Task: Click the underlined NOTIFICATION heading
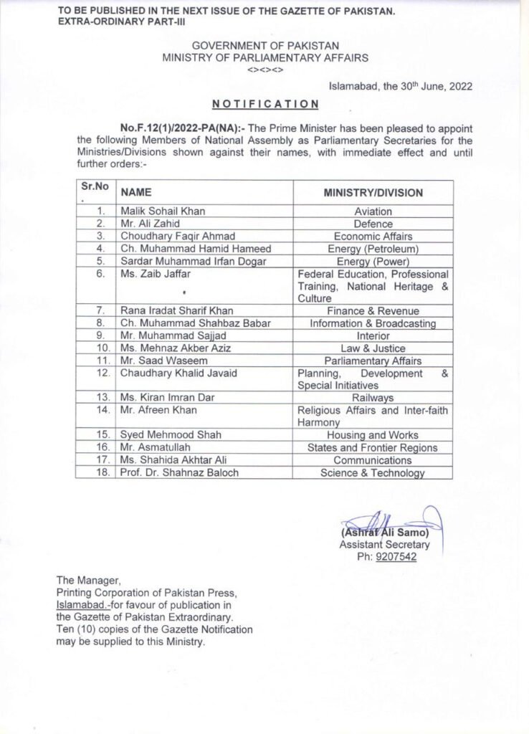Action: click(266, 104)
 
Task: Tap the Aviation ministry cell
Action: click(373, 212)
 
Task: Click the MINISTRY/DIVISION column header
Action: click(373, 192)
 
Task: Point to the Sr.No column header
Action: click(95, 187)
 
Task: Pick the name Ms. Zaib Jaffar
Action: click(149, 273)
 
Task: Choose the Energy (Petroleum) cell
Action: click(373, 248)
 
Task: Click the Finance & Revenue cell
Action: click(373, 311)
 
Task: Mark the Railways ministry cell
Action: click(373, 398)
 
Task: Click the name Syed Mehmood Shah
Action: click(161, 435)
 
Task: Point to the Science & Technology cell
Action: click(373, 472)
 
